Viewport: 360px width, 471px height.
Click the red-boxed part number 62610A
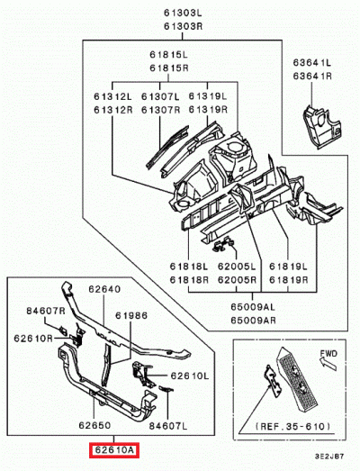click(113, 450)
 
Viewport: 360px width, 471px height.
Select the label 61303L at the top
click(183, 14)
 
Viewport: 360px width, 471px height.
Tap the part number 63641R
click(312, 76)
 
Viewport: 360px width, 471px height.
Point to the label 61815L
click(168, 55)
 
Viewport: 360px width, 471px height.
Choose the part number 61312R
click(112, 110)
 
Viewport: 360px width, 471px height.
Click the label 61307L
click(160, 96)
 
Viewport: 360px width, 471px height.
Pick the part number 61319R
click(208, 110)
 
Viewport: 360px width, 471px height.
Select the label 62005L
click(237, 267)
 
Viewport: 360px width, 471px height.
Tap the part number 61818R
click(189, 280)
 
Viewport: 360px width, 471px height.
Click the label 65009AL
click(253, 307)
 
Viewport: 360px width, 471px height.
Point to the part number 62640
click(104, 289)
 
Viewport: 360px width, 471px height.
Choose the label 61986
click(131, 316)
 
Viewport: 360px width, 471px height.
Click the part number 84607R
click(46, 311)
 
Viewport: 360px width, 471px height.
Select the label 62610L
click(190, 376)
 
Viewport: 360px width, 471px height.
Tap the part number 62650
click(94, 425)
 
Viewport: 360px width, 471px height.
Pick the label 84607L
click(168, 426)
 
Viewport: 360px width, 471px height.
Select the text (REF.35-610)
click(292, 426)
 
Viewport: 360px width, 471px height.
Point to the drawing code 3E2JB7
click(329, 457)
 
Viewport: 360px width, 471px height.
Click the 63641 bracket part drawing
click(321, 125)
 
